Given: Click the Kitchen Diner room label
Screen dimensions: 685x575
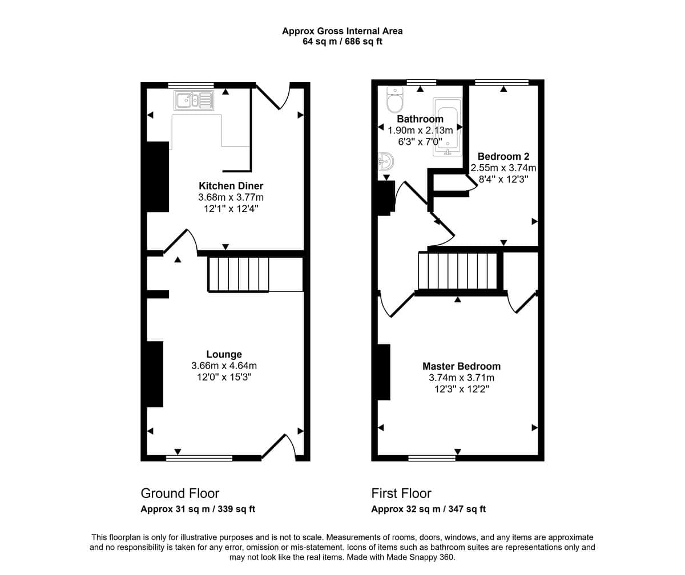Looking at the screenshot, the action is [x=231, y=186].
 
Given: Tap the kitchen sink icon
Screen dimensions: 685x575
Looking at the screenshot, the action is [x=194, y=100].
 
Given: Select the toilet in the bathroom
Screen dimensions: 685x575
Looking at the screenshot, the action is [x=394, y=100].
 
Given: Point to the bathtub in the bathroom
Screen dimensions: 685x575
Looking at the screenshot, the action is [x=447, y=127].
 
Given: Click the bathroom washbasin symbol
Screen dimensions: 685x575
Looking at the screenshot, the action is [x=385, y=161].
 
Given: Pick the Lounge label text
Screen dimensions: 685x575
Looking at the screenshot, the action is [x=224, y=354].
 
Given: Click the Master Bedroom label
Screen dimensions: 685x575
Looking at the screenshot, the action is [x=461, y=366].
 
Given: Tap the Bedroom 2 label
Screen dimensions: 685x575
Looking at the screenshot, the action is [x=503, y=156].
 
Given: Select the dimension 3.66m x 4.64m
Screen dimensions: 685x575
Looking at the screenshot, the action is [x=224, y=366].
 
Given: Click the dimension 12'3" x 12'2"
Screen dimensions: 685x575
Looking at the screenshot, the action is [x=462, y=389].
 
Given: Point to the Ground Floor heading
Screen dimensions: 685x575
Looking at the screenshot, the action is [x=180, y=493].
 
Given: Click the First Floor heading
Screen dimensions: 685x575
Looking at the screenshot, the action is [x=401, y=493].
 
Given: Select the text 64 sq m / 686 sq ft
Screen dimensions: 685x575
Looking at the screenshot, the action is [x=342, y=42].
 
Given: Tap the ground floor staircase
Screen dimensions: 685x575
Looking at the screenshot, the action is [x=239, y=274].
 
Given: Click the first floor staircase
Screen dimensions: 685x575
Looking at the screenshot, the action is [x=458, y=271].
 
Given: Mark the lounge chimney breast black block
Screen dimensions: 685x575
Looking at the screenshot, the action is [x=155, y=374].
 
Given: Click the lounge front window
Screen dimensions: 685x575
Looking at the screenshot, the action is [x=199, y=458].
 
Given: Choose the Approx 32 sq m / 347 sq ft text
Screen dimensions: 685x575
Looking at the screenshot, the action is [x=429, y=509].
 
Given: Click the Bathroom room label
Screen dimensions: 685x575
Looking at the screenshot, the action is [x=420, y=119].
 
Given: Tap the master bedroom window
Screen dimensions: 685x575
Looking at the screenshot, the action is [x=432, y=458].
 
